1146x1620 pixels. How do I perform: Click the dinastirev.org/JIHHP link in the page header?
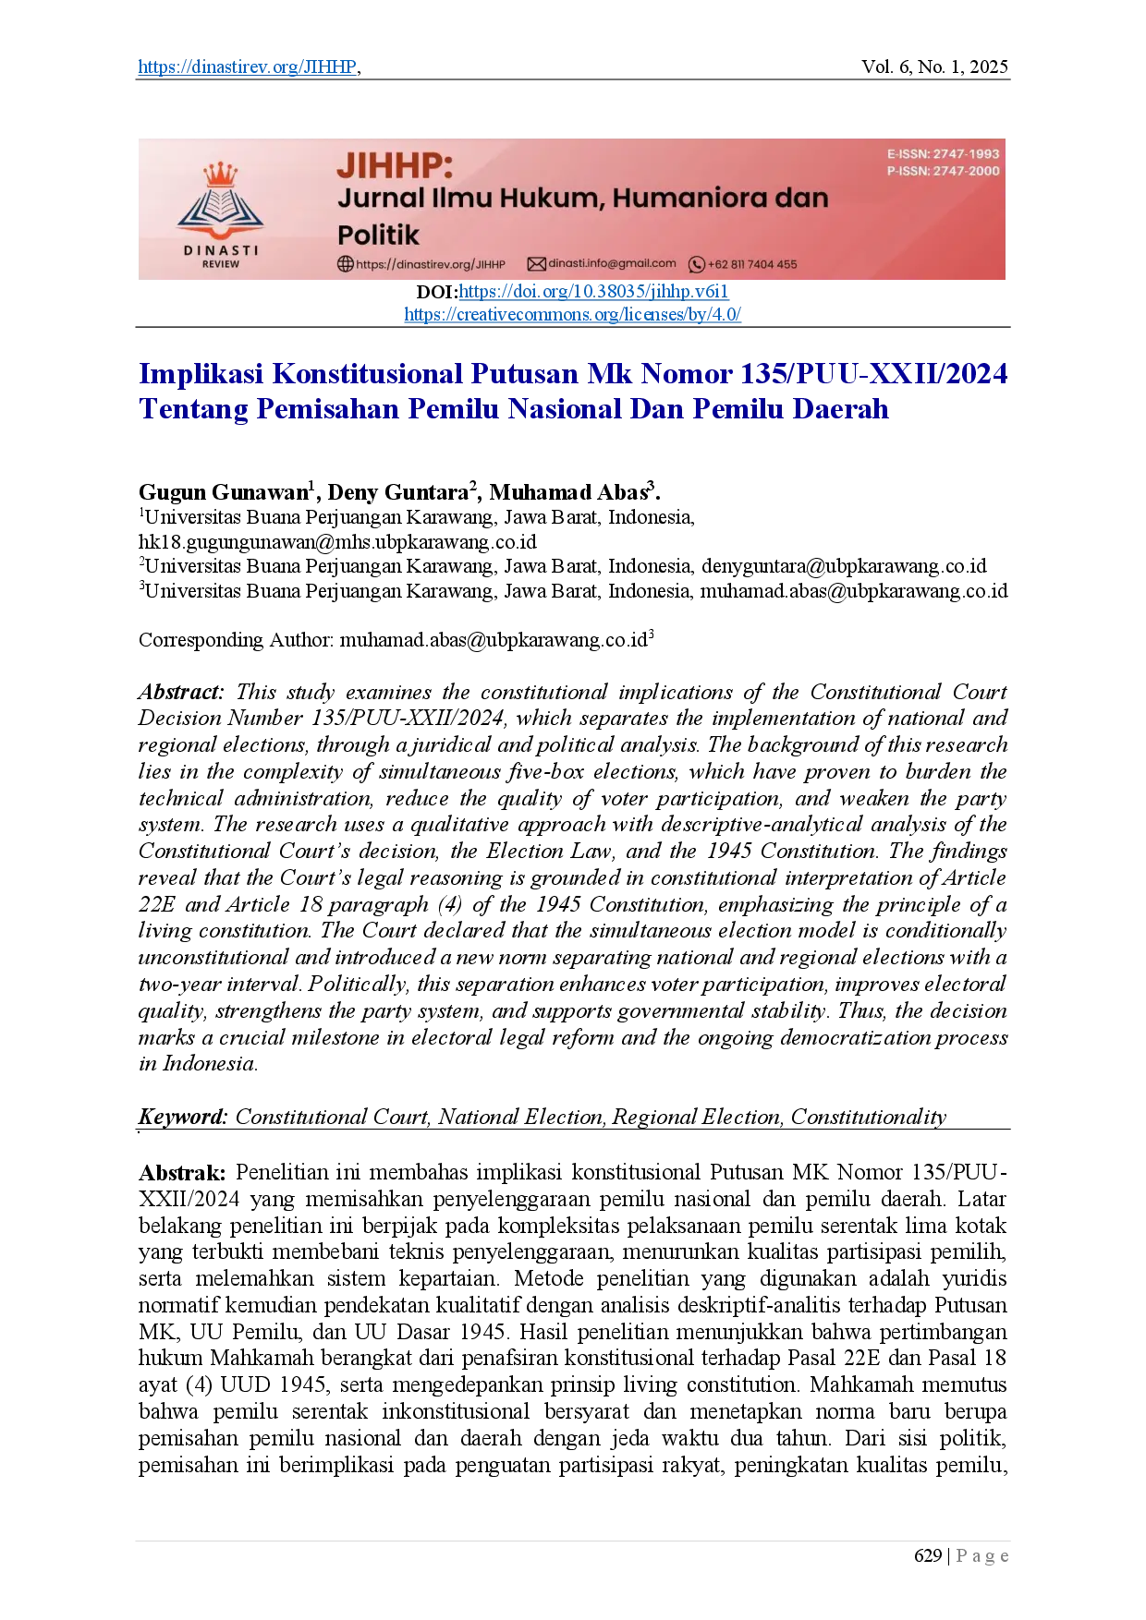coord(247,66)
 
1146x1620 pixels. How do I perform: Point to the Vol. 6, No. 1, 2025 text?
coord(934,66)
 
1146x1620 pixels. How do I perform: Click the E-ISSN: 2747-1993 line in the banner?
coord(943,154)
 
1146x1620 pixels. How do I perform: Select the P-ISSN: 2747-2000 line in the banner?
coord(943,171)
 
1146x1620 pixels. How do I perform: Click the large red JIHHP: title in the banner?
coord(396,166)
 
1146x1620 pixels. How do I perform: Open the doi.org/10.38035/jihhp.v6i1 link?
coord(593,292)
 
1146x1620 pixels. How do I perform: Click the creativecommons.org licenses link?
coord(573,314)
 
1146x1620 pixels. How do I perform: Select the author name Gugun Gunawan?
coord(224,491)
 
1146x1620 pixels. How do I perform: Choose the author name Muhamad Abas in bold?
coord(568,491)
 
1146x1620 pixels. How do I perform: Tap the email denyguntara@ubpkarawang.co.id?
coord(844,566)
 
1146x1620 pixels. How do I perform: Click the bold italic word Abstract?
coord(181,693)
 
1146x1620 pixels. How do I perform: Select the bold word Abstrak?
coord(182,1173)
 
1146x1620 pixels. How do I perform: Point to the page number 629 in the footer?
coord(927,1556)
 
